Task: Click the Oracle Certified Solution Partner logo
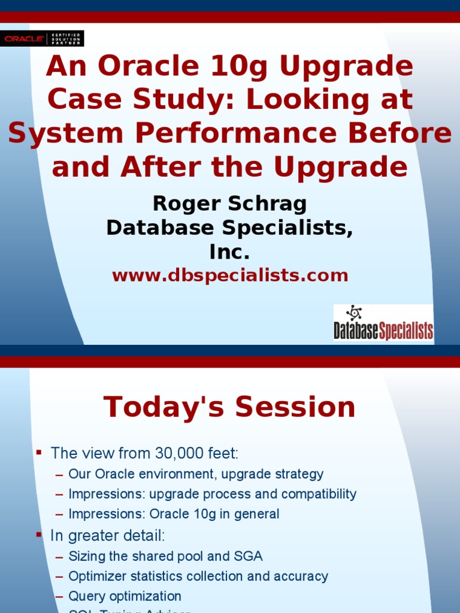pos(42,38)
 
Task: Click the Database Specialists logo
pos(383,324)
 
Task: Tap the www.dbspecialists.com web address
pos(230,275)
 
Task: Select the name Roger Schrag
pos(230,204)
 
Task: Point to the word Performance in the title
pos(234,133)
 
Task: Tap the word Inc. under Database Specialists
pos(230,252)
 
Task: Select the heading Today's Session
pos(230,407)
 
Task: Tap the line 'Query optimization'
pos(125,596)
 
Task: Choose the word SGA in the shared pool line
pos(249,556)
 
